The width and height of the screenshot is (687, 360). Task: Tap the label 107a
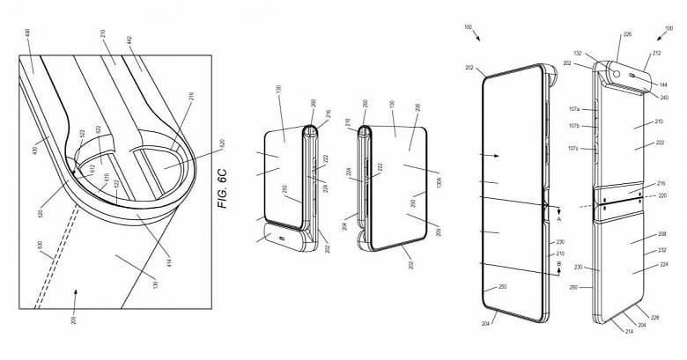pyautogui.click(x=573, y=110)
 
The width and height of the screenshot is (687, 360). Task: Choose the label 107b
pyautogui.click(x=573, y=126)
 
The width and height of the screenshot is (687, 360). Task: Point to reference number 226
pyautogui.click(x=627, y=35)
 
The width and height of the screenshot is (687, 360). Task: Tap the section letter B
pyautogui.click(x=558, y=262)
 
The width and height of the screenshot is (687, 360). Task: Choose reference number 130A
pyautogui.click(x=438, y=182)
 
